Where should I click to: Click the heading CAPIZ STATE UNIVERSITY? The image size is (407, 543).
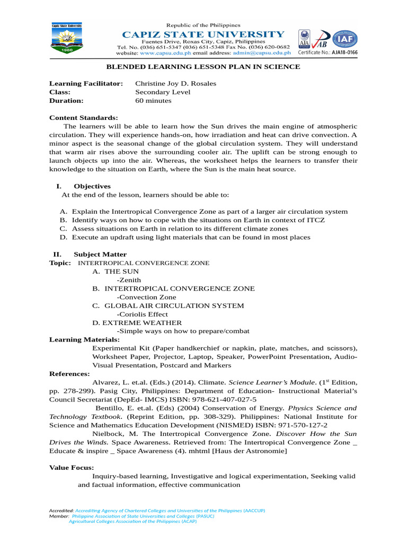(203, 34)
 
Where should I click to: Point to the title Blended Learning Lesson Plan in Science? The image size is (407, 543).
(203, 67)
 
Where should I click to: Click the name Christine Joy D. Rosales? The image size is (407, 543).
(175, 84)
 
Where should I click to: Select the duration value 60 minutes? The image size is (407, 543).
(153, 100)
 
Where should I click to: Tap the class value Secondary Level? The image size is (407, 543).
(163, 92)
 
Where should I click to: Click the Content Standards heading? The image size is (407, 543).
(84, 118)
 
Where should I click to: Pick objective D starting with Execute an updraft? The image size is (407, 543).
(191, 237)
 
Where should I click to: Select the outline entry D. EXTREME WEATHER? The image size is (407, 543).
(137, 322)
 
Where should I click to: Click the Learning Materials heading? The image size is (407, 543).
(84, 339)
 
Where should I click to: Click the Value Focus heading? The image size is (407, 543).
(72, 468)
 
